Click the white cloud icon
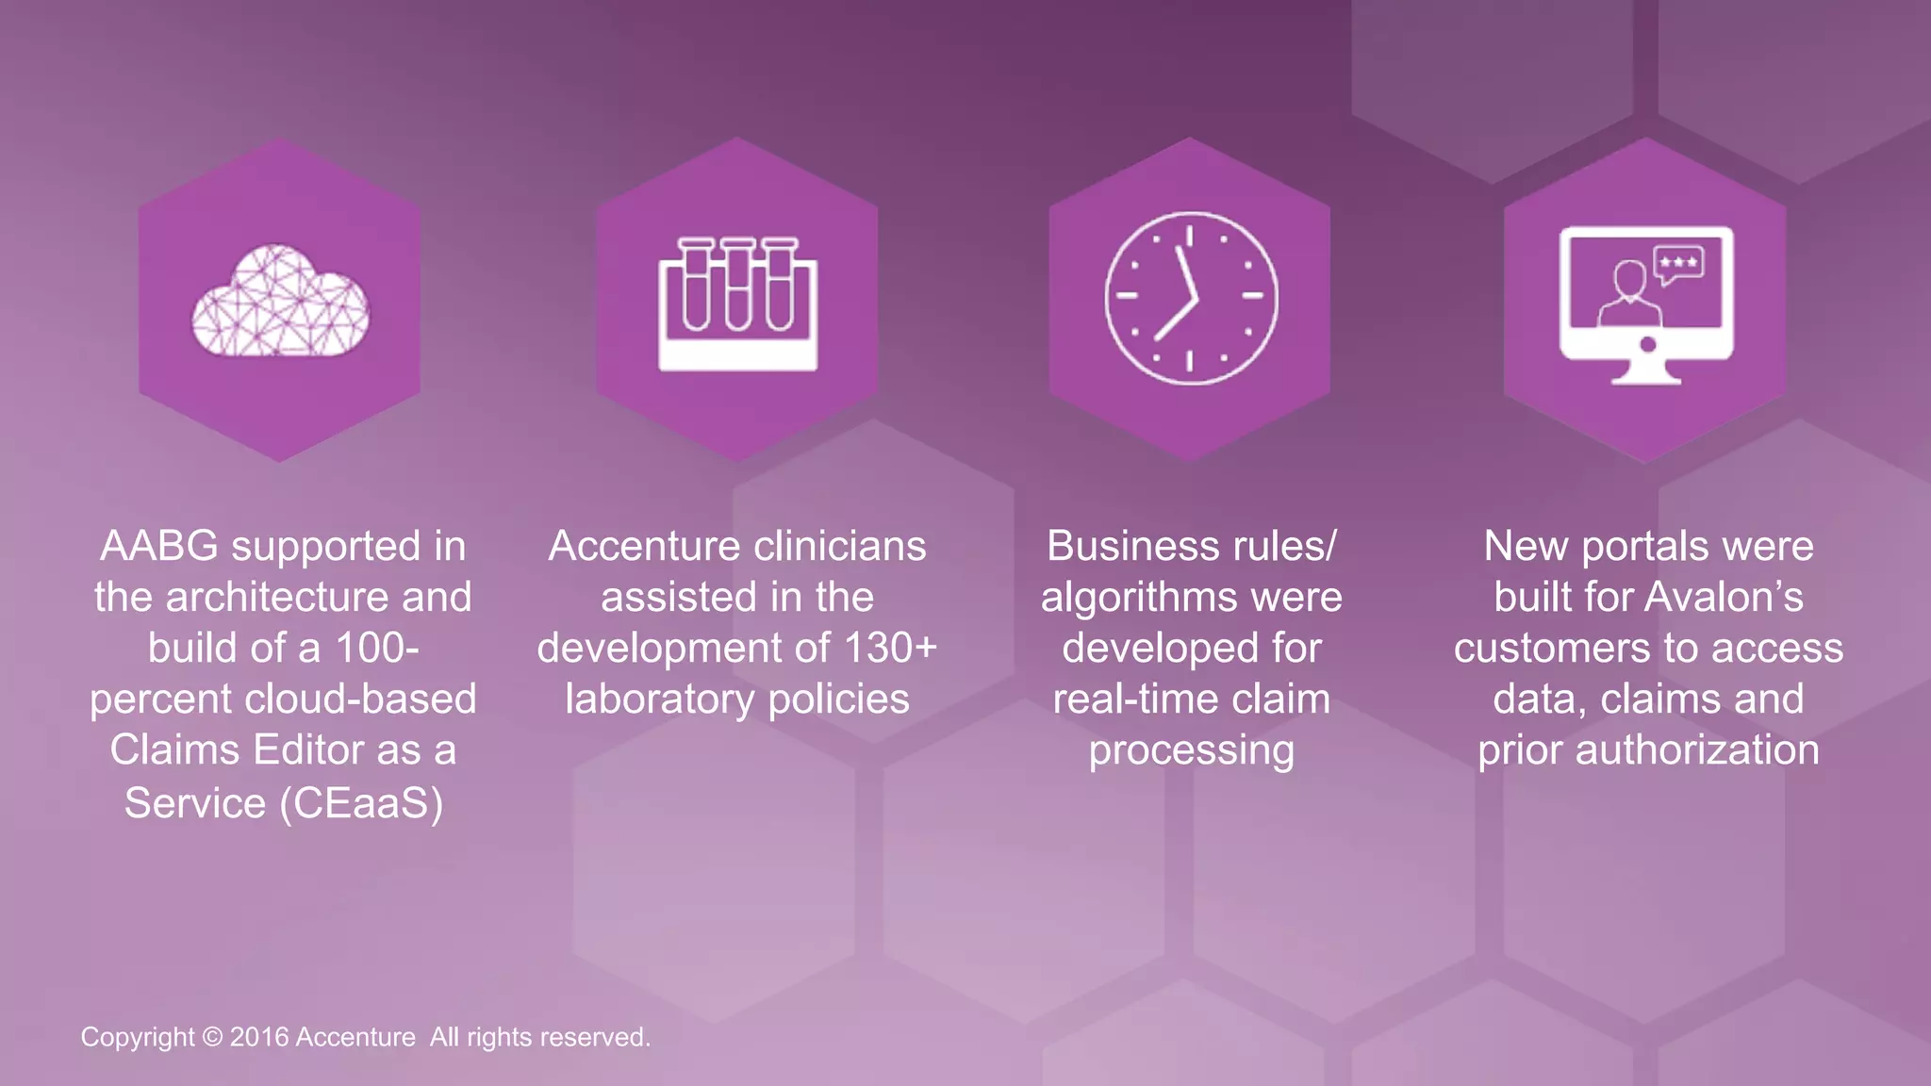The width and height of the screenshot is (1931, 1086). pos(280,302)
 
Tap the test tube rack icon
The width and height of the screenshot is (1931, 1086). pos(737,304)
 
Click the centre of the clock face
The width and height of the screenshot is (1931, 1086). pos(1190,299)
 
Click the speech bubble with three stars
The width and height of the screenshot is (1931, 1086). pos(1679,265)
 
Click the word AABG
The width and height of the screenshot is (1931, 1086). pos(158,546)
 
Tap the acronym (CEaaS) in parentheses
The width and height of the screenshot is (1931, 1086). pos(361,803)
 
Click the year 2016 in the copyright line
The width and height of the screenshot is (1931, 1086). pos(258,1037)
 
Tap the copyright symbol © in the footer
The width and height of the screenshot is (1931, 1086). pos(212,1037)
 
